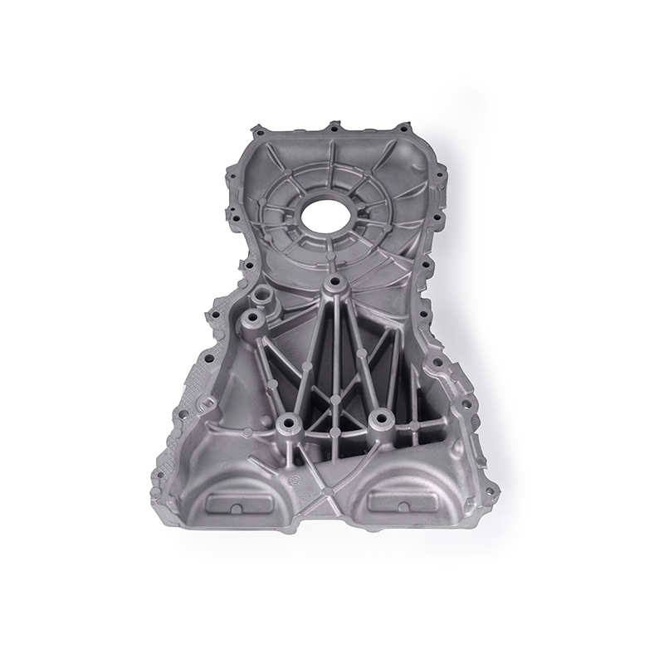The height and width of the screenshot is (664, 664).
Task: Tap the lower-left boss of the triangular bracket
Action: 288,422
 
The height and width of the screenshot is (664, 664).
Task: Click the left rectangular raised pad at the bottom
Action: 237,504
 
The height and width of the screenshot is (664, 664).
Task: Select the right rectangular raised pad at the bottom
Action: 398,500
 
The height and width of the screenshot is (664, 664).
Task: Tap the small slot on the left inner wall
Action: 205,404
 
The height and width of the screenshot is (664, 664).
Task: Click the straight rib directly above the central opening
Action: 331,162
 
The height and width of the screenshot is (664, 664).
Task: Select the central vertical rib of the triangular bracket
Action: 334,349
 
